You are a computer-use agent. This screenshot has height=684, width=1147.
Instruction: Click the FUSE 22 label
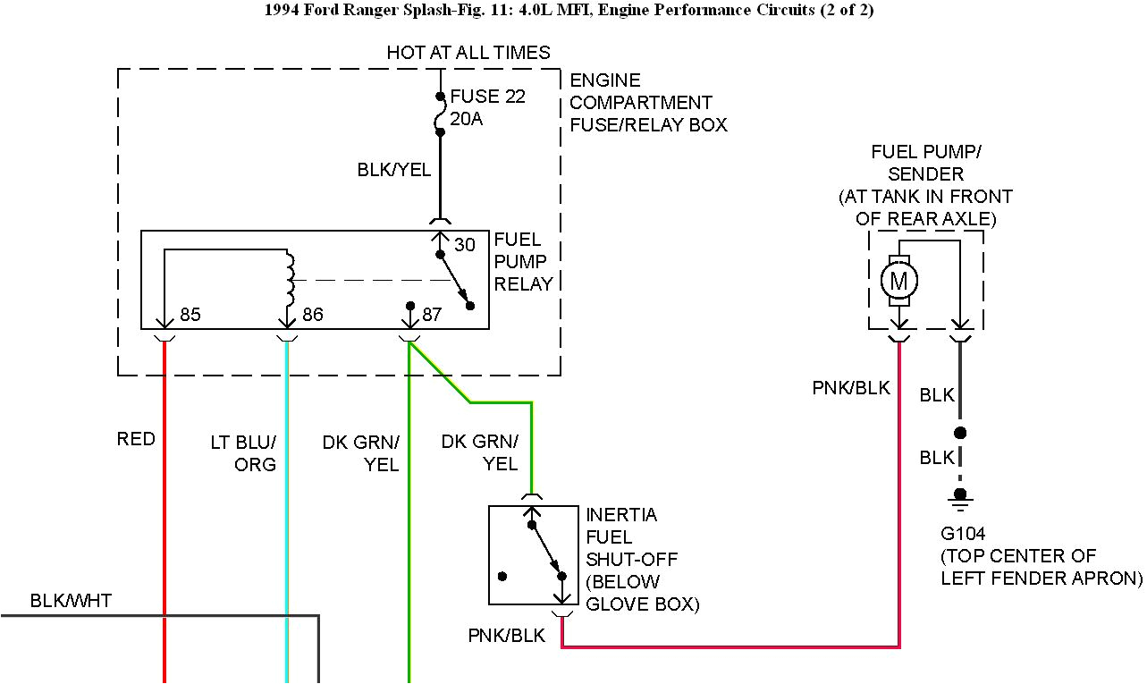[x=487, y=97]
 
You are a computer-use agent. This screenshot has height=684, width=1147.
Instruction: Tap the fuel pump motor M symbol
[x=899, y=282]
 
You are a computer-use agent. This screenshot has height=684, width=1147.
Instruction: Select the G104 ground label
[x=963, y=534]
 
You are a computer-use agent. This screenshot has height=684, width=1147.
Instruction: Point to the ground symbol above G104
[x=960, y=495]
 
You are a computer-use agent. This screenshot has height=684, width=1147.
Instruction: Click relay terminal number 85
[x=190, y=315]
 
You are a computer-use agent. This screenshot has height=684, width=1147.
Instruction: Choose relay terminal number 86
[x=312, y=315]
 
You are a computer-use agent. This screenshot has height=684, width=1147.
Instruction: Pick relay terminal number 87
[x=432, y=315]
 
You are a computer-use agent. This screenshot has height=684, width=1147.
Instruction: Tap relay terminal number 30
[x=465, y=244]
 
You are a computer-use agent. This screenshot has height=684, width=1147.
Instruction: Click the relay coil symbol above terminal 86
[x=289, y=277]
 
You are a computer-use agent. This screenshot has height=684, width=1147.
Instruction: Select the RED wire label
[x=136, y=439]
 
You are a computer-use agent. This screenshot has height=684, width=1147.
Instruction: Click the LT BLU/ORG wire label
[x=242, y=453]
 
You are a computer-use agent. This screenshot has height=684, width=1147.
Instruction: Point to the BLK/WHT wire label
[x=71, y=600]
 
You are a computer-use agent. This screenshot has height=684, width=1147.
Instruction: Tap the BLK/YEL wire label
[x=394, y=169]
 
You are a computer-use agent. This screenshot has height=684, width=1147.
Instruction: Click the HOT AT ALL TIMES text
[x=468, y=53]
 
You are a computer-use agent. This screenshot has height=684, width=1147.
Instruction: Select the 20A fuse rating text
[x=467, y=119]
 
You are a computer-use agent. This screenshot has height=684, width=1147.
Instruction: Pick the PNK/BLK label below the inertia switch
[x=506, y=635]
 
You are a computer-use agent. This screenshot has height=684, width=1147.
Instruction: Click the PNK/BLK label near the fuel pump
[x=851, y=387]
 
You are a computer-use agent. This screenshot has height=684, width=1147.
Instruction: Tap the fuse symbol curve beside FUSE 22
[x=440, y=114]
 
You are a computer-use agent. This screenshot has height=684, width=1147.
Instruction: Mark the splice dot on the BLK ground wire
[x=960, y=433]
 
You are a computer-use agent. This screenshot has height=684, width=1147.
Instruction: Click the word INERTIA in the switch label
[x=621, y=515]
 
